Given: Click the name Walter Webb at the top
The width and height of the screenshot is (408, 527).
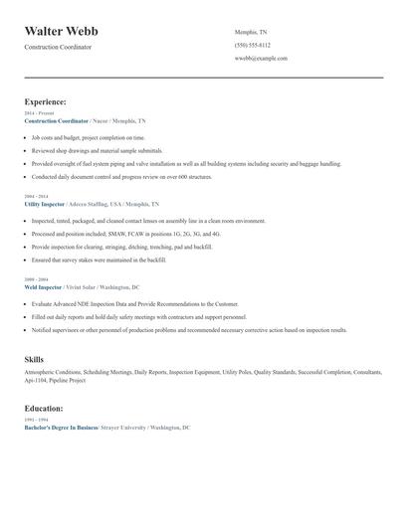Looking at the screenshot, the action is [x=61, y=31].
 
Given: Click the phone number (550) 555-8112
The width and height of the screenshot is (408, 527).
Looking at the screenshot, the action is [x=252, y=45].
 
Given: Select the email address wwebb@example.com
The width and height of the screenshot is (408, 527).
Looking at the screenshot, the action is [x=261, y=59].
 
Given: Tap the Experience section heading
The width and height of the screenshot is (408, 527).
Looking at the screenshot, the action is [x=46, y=101].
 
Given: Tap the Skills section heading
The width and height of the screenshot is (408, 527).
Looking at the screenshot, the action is [x=34, y=358].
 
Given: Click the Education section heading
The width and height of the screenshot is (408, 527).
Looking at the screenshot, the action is [x=44, y=408].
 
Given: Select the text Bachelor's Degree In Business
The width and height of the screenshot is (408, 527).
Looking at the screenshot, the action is [x=61, y=427].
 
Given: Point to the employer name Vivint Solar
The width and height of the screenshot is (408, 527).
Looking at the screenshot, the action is [x=87, y=287].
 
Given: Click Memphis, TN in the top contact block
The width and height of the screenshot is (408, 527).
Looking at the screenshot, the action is [x=250, y=31].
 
